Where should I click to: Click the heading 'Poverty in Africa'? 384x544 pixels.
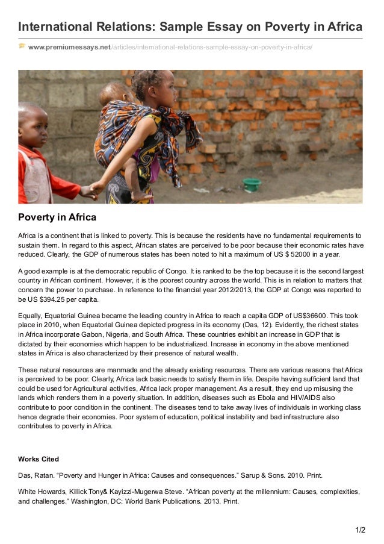[57, 217]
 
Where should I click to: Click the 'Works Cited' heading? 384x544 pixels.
[39, 459]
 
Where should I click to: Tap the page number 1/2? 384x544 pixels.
[361, 530]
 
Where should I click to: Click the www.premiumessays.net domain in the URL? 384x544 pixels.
[69, 47]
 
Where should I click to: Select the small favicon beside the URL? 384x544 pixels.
[22, 46]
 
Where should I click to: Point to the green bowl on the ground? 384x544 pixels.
[252, 184]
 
